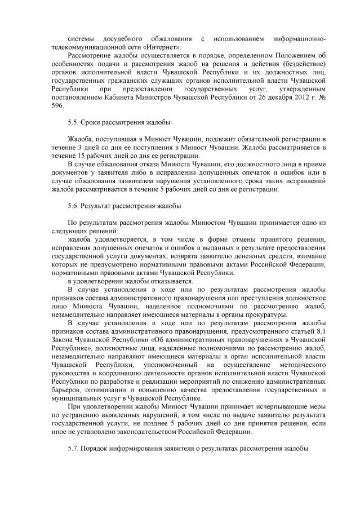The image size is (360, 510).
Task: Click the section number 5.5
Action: [74, 122]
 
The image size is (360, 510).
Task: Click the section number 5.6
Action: [74, 206]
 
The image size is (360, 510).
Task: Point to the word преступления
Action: [257, 298]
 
